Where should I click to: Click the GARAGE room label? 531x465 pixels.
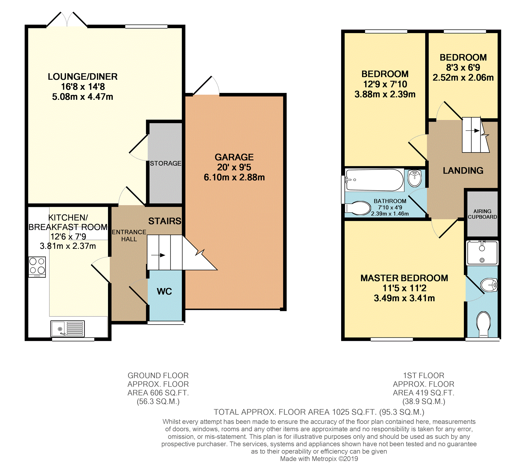pos(234,157)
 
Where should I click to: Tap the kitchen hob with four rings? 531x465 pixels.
pos(37,267)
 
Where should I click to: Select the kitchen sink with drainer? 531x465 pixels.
pos(68,329)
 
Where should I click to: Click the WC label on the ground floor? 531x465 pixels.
pos(164,291)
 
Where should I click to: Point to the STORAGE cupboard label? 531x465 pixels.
pos(165,163)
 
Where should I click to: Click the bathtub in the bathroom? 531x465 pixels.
pos(375,180)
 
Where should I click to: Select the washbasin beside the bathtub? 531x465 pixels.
pos(415,178)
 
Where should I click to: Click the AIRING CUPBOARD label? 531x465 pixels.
pos(482,214)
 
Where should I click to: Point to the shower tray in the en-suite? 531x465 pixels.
pos(482,253)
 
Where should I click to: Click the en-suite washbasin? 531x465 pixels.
pos(489,285)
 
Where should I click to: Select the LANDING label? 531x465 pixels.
pos(463,171)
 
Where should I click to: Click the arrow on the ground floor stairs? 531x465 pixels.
pos(158,255)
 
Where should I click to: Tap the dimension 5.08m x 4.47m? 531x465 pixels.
pos(83,97)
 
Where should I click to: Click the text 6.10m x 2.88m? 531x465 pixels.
pos(234,177)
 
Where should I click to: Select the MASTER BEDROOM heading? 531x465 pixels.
pos(404,278)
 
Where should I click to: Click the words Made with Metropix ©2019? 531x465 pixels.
pos(319,459)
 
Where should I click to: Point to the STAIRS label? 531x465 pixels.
pos(165,221)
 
